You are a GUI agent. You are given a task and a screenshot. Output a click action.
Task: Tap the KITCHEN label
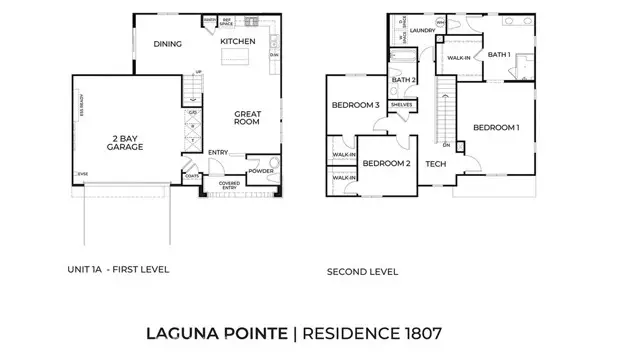(x=238, y=41)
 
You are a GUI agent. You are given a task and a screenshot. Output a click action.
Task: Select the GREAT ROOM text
(x=248, y=120)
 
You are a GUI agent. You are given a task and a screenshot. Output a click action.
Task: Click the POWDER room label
(x=262, y=171)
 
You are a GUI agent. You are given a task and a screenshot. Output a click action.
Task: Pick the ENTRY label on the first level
(x=218, y=152)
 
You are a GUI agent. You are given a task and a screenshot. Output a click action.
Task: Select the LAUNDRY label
(x=421, y=30)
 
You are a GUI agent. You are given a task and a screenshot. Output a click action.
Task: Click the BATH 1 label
(x=499, y=54)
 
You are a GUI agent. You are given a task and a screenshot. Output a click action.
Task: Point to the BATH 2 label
(x=404, y=79)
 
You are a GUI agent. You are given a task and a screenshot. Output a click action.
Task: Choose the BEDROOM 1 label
(x=496, y=127)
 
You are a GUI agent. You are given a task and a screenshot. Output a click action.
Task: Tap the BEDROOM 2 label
(x=386, y=163)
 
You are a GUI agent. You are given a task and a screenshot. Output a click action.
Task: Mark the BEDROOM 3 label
(x=356, y=106)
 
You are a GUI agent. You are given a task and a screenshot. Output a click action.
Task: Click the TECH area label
(x=435, y=164)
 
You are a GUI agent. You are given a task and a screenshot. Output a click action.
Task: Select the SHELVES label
(x=403, y=103)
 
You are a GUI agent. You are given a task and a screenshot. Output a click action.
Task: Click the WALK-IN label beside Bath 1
(x=459, y=58)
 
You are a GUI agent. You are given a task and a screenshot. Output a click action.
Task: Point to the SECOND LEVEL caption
(x=362, y=271)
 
